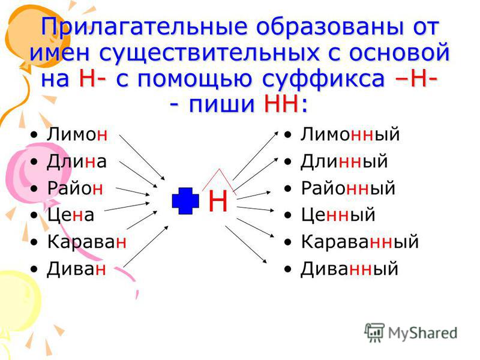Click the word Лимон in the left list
(77, 134)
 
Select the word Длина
(77, 161)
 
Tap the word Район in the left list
(75, 188)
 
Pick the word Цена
(70, 215)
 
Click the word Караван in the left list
(86, 242)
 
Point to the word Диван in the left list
(76, 269)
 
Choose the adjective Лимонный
(350, 134)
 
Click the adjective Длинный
(344, 161)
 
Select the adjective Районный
(349, 188)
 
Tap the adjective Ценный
(338, 215)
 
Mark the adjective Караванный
(360, 242)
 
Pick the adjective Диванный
(349, 269)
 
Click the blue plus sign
(185, 201)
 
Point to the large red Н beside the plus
(218, 201)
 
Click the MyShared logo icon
(374, 332)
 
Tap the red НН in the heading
(281, 104)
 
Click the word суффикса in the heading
(323, 79)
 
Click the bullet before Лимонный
(287, 134)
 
